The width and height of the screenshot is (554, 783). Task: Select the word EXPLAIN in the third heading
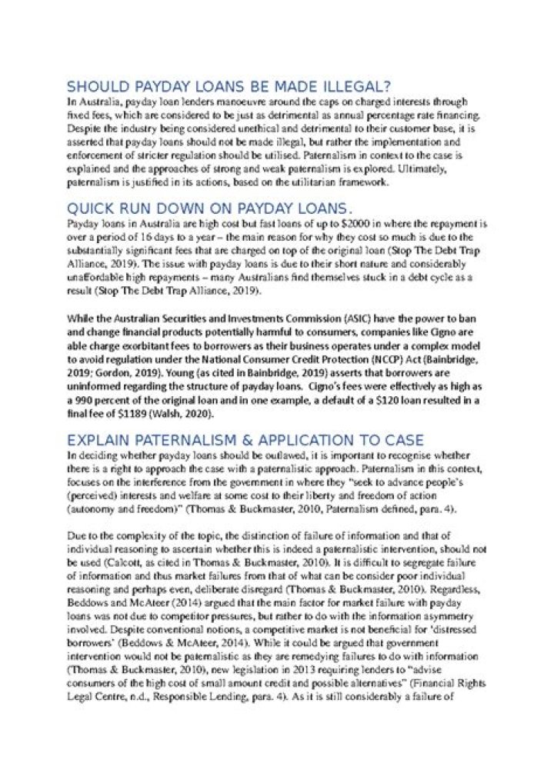point(96,440)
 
